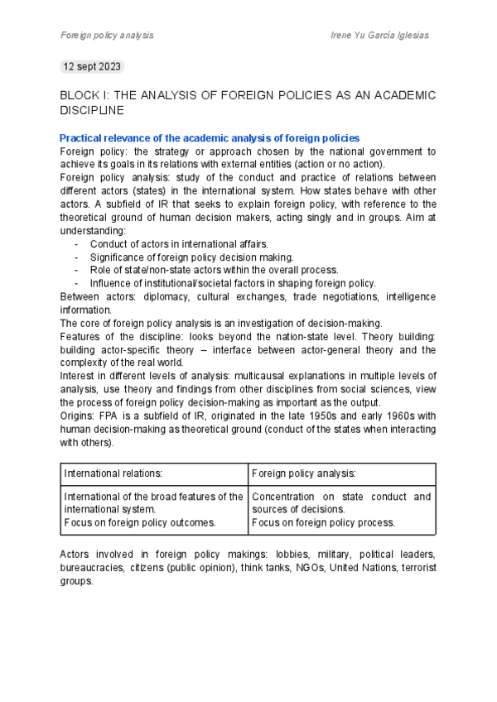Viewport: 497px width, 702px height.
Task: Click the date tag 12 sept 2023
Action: (93, 66)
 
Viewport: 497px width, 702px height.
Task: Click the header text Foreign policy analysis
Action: (107, 36)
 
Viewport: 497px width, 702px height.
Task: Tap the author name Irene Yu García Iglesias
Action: (379, 36)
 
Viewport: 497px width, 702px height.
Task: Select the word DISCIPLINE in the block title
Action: (92, 109)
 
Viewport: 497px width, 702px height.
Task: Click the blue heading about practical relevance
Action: (210, 138)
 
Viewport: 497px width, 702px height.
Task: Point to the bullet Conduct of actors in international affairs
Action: (178, 243)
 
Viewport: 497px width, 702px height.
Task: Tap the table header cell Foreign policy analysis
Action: (303, 474)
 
